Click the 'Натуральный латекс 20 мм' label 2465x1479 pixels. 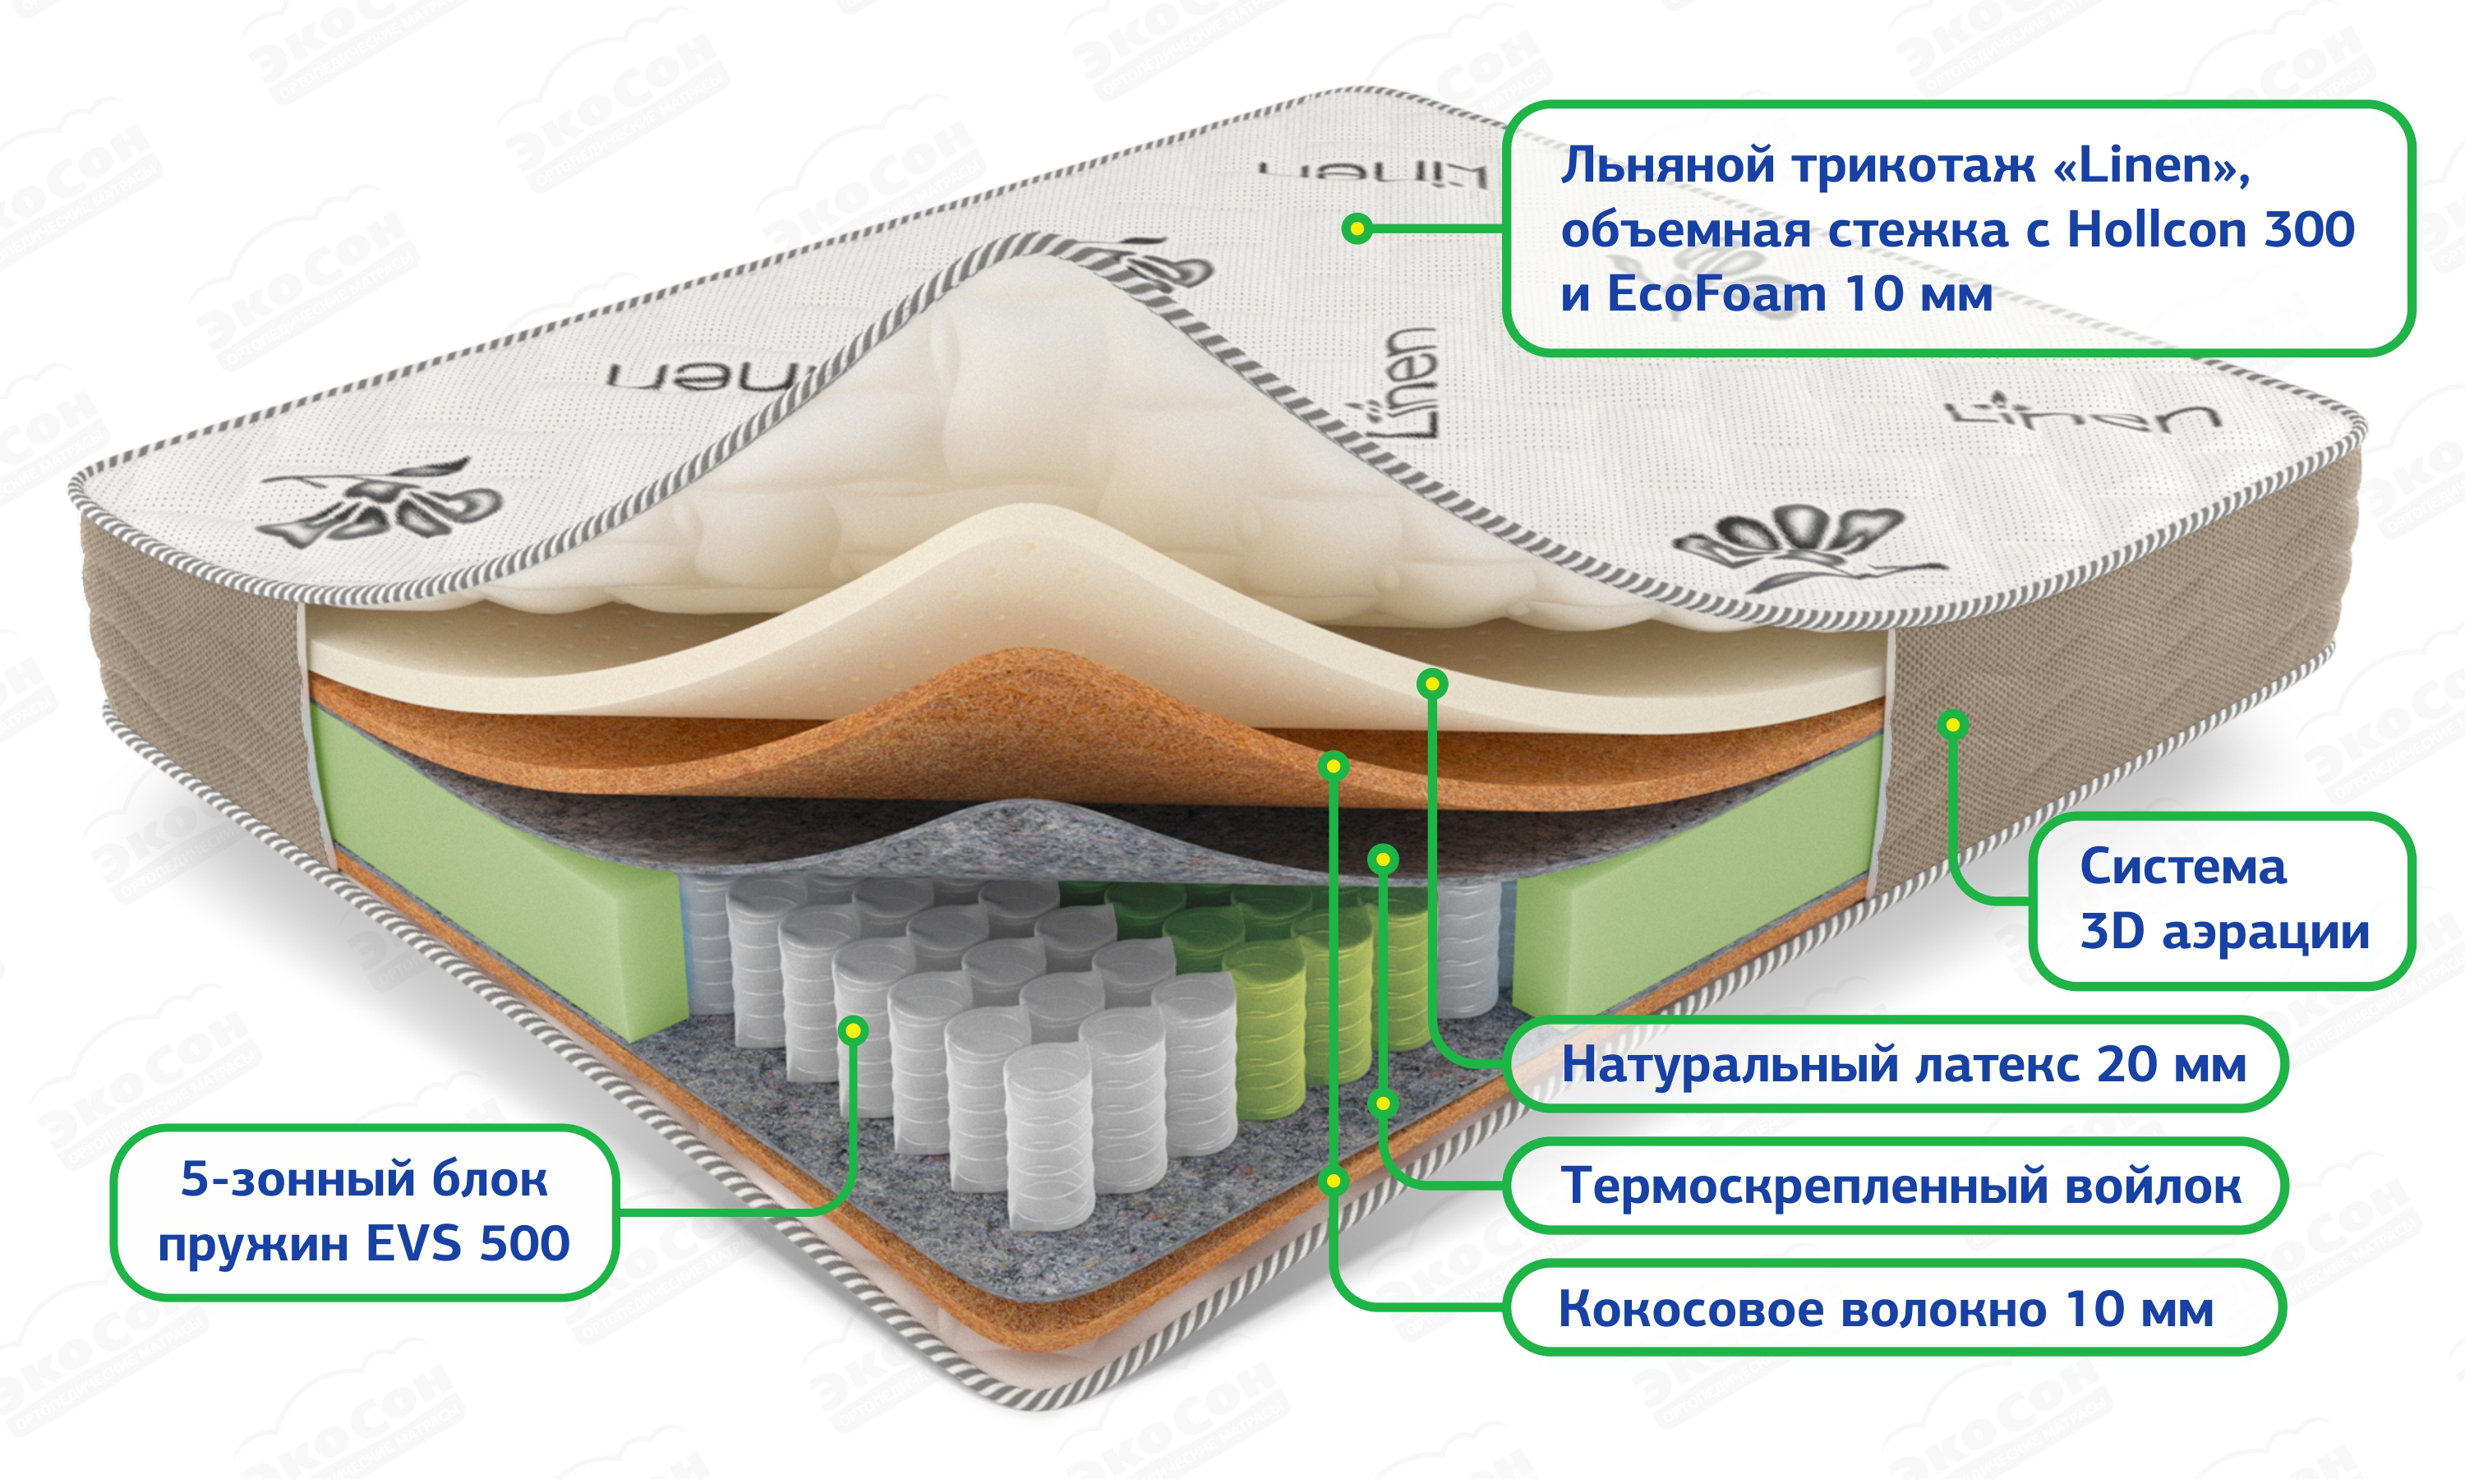pyautogui.click(x=1903, y=1064)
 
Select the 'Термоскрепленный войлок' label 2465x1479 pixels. pyautogui.click(x=1901, y=1186)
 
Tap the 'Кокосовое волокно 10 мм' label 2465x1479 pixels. pyautogui.click(x=1885, y=1309)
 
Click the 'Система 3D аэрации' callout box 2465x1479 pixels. pyautogui.click(x=2223, y=900)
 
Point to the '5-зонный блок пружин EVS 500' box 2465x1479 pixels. pyautogui.click(x=364, y=1211)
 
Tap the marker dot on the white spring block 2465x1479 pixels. pyautogui.click(x=853, y=1030)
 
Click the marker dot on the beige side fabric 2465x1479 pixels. pyautogui.click(x=1953, y=725)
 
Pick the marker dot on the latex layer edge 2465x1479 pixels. pyautogui.click(x=1432, y=683)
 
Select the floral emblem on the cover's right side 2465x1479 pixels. pyautogui.click(x=1794, y=543)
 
